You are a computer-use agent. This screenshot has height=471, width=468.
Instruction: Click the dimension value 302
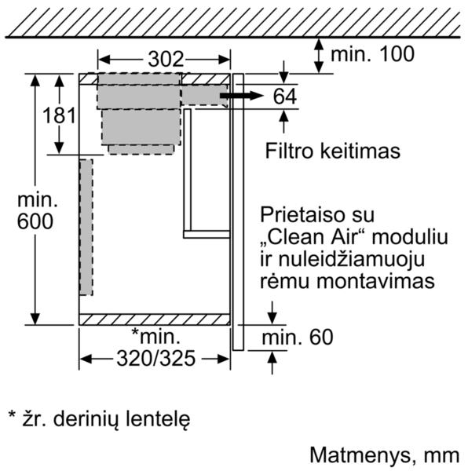coord(166,59)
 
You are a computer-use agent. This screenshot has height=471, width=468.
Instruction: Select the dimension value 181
coord(59,115)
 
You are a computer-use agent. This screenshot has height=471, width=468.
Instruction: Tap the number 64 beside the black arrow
coord(285,96)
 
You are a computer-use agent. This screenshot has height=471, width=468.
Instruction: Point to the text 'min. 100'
coord(372,54)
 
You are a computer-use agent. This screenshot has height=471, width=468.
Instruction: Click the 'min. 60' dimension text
coord(298,337)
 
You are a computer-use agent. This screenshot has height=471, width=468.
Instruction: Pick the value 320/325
coord(156,359)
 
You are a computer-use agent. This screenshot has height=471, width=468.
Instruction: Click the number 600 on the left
coord(35,221)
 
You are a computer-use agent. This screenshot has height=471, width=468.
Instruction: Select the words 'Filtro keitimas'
coord(332,151)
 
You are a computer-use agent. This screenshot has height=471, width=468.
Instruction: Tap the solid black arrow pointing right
coord(242,96)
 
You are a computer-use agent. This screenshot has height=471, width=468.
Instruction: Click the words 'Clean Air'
coord(316,236)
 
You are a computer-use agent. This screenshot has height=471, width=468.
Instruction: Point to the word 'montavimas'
coord(376,281)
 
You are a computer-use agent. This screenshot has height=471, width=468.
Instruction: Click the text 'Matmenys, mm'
coord(385,455)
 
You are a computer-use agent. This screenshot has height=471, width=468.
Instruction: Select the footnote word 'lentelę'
coord(158,419)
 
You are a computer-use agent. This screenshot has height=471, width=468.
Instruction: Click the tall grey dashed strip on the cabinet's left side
coord(86,227)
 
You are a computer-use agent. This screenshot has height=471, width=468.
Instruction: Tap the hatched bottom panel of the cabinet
coord(155,319)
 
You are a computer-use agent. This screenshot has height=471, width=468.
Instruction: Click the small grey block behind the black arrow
coord(204,95)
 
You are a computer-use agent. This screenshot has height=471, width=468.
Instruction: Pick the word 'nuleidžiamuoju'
coord(342,259)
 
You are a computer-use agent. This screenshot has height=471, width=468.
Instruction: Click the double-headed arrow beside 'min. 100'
coord(319,56)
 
